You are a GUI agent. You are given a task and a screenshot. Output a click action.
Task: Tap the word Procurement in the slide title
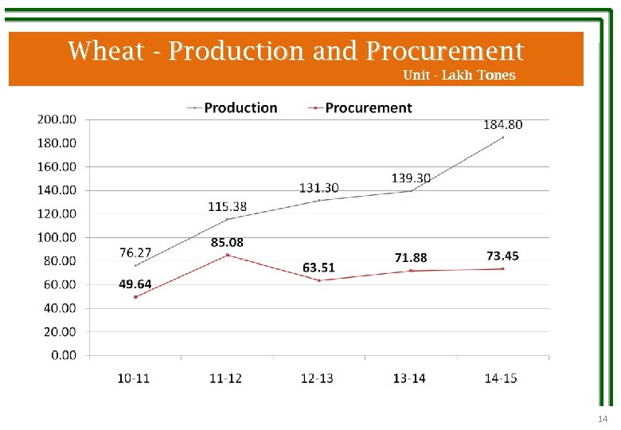click(445, 51)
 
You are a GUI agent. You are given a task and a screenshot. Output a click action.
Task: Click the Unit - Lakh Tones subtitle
click(459, 76)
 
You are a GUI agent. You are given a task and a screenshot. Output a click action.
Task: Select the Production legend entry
click(240, 107)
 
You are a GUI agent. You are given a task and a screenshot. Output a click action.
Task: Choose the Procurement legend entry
click(369, 107)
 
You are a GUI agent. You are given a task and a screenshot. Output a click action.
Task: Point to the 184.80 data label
click(503, 125)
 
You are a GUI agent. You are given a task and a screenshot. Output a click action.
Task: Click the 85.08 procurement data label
click(227, 242)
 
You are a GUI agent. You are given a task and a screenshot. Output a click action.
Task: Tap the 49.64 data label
click(135, 284)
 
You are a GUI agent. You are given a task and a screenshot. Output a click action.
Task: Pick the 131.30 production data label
click(318, 188)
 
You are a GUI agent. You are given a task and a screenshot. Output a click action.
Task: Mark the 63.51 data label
click(318, 267)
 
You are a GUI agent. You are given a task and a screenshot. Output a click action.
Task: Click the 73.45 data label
click(502, 256)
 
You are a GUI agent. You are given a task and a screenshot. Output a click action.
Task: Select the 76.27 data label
click(135, 252)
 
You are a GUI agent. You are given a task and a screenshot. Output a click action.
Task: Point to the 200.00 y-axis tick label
click(57, 119)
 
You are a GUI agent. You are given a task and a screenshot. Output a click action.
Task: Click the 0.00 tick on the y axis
click(64, 355)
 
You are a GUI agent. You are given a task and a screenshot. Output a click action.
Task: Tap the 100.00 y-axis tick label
click(57, 237)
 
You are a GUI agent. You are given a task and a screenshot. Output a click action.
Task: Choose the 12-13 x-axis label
click(317, 378)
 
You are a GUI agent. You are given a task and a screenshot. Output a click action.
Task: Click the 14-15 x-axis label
click(501, 378)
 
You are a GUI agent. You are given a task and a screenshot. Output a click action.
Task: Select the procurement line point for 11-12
click(228, 255)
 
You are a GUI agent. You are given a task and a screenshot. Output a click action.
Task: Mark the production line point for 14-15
click(502, 137)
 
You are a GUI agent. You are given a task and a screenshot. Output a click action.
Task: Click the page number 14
click(602, 420)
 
